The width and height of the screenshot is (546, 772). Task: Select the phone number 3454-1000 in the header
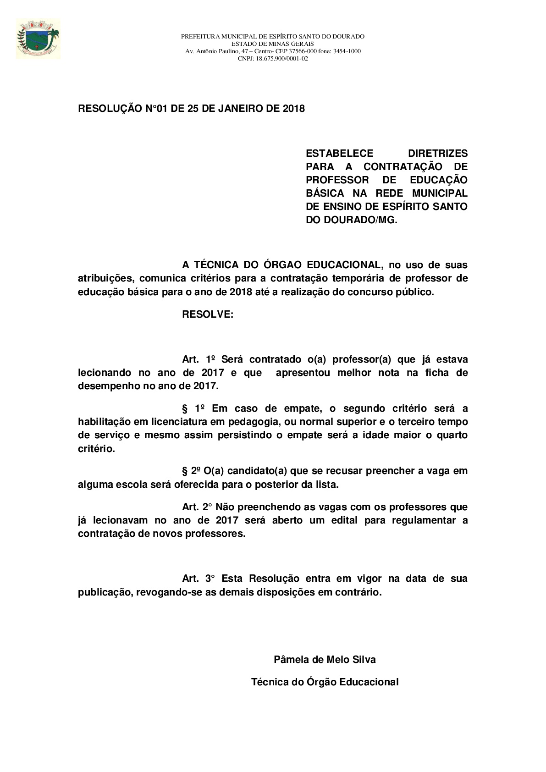click(x=349, y=51)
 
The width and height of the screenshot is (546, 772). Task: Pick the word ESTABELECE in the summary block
click(x=339, y=153)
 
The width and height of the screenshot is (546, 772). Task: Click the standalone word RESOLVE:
click(x=208, y=314)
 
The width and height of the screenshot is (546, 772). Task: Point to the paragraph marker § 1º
click(x=193, y=408)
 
